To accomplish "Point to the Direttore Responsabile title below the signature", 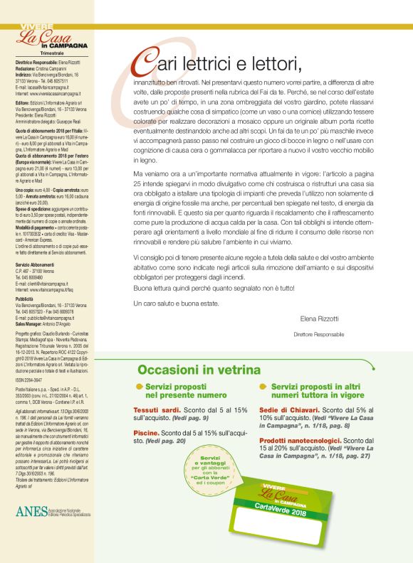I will click(x=319, y=334).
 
